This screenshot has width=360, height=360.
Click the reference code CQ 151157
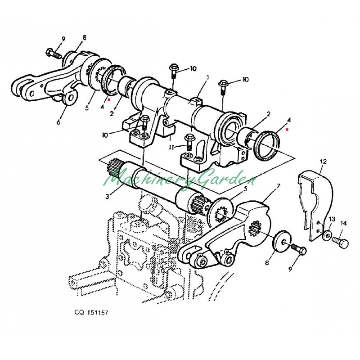[x=91, y=312]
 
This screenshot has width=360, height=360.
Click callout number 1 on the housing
[x=208, y=77]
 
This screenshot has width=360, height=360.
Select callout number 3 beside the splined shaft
[x=107, y=197]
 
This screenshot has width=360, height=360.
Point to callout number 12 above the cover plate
[x=323, y=162]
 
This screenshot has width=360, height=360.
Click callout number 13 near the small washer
[x=332, y=219]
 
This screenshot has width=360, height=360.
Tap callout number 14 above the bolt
[x=343, y=223]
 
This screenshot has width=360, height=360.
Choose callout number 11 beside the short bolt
[x=171, y=148]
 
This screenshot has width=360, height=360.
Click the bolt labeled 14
[x=341, y=243]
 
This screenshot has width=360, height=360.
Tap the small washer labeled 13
[x=328, y=235]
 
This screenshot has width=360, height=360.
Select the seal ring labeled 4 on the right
[x=267, y=144]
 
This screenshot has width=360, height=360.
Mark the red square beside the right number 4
[x=287, y=130]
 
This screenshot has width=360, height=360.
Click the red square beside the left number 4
[x=109, y=99]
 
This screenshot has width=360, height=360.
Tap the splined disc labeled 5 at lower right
[x=220, y=212]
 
